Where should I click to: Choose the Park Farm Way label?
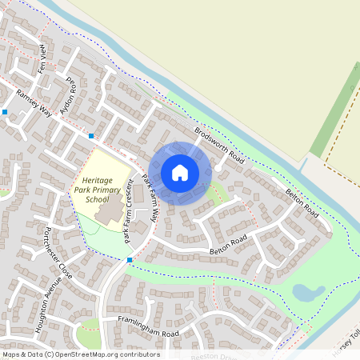tap(157, 203)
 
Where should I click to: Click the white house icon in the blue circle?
tap(180, 172)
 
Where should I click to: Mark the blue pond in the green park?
tap(308, 293)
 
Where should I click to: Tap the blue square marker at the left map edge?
tap(5, 113)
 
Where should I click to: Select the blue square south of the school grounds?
tap(130, 259)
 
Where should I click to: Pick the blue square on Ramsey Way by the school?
tap(91, 136)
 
